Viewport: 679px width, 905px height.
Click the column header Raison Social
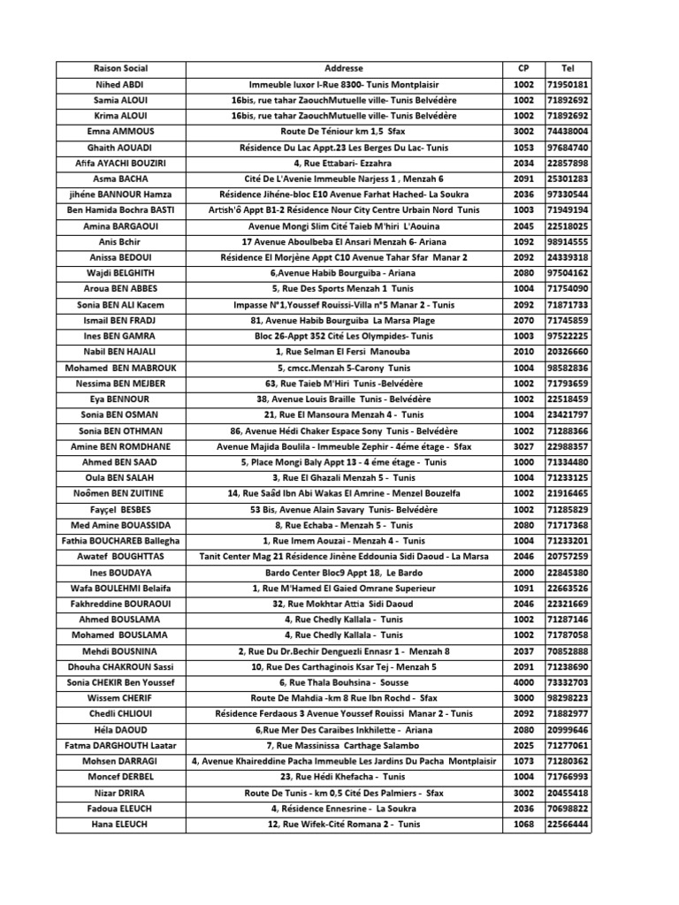[x=120, y=69]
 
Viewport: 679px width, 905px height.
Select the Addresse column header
[x=343, y=69]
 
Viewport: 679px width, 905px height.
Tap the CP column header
[x=523, y=69]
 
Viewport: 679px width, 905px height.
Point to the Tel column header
[x=568, y=69]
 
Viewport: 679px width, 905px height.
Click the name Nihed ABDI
[x=120, y=85]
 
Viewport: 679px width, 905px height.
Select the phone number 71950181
[x=568, y=85]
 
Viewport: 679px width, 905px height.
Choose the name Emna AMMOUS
[x=120, y=132]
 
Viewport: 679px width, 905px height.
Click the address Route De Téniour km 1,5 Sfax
[x=343, y=132]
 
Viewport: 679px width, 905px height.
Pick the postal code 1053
[x=523, y=148]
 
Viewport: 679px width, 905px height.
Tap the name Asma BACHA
[x=120, y=179]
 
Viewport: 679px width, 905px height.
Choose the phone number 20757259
[x=568, y=556]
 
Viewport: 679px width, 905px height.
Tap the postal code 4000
[x=523, y=682]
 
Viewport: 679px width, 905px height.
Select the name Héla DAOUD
[x=120, y=729]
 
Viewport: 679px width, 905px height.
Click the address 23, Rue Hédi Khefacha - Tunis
[x=343, y=777]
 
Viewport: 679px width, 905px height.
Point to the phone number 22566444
[x=568, y=824]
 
